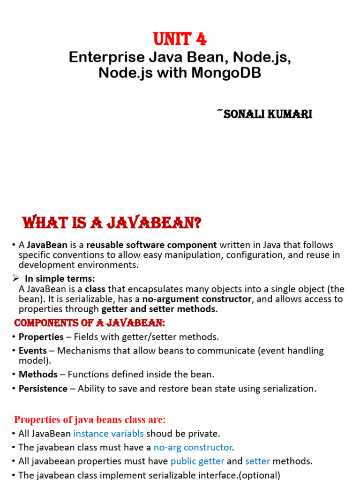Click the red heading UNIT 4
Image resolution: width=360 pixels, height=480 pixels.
click(180, 39)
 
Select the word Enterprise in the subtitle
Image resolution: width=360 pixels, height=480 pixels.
click(99, 58)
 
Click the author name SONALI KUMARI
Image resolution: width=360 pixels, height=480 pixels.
click(266, 114)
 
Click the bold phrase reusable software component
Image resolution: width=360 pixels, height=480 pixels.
click(151, 245)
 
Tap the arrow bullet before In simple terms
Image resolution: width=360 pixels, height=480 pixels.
click(15, 278)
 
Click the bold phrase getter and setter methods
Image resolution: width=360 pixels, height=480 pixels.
click(159, 309)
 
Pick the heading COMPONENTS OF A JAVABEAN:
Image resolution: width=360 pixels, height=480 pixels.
click(90, 323)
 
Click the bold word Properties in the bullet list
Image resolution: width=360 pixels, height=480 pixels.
click(41, 337)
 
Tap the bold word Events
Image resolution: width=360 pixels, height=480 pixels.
click(32, 351)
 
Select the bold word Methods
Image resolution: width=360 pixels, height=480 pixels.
click(38, 374)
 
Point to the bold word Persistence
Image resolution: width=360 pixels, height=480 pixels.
click(43, 388)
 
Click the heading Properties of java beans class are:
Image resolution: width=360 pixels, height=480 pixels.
click(90, 420)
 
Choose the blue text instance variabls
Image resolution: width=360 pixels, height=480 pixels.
click(108, 434)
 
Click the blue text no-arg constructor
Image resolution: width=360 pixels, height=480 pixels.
click(193, 447)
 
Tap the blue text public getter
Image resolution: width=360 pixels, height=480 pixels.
click(197, 461)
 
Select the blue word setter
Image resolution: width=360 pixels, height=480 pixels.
click(257, 461)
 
